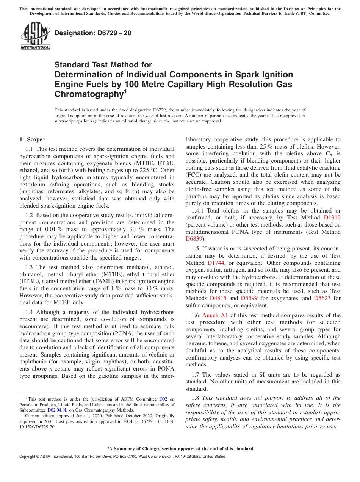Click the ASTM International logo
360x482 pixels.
[x=35, y=36]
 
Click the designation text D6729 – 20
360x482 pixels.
[x=93, y=33]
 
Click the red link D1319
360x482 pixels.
[x=332, y=218]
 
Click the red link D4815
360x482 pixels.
[x=218, y=298]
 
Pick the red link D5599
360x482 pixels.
[x=249, y=298]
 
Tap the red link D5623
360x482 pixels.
[x=322, y=298]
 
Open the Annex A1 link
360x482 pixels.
[x=214, y=315]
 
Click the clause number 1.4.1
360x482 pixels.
[x=192, y=211]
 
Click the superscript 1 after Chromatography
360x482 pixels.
[x=125, y=91]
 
